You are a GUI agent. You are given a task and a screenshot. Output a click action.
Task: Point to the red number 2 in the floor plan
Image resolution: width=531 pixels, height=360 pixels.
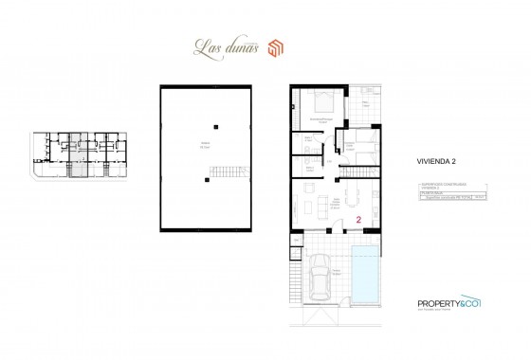[358, 219]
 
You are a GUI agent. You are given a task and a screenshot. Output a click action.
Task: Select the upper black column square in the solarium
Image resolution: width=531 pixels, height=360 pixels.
[217, 126]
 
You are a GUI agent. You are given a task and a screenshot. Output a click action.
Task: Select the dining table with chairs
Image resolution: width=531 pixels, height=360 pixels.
[357, 199]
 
